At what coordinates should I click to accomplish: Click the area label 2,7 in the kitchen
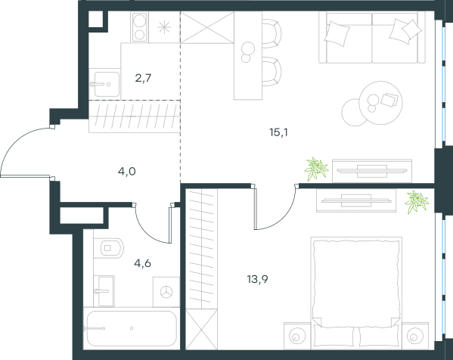coord(143,78)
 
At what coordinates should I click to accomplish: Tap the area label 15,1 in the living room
coord(278,132)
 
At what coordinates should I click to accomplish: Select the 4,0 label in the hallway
coord(127,172)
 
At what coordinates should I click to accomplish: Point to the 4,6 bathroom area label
coord(142,263)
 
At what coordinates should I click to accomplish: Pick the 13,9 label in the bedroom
coord(257,279)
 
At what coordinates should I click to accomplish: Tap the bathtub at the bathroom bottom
coord(132,328)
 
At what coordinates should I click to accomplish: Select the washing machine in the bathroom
coord(166,292)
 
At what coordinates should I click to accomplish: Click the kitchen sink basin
coord(107,85)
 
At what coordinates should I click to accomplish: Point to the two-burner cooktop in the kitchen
coord(140,27)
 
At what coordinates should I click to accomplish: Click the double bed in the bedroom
coord(356,293)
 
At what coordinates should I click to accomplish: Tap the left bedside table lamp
coord(297,336)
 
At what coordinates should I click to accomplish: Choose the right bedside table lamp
coord(415,336)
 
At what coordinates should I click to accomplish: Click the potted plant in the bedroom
coord(416,202)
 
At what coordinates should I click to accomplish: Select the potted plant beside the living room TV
coord(316,169)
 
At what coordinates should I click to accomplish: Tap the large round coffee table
coord(380,103)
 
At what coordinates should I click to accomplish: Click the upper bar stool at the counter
coord(271,33)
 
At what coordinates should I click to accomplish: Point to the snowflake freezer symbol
coord(164,27)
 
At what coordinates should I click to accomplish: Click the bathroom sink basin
coord(104,291)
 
